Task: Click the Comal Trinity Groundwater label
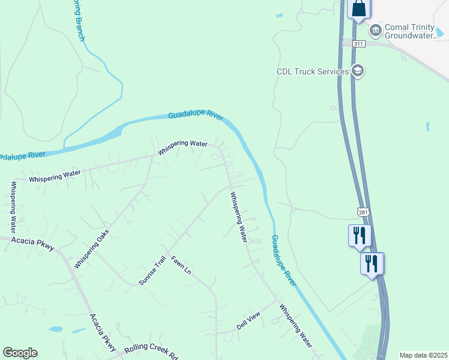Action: pos(417,32)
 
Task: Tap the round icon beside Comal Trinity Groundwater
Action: pos(375,29)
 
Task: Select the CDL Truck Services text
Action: pos(312,71)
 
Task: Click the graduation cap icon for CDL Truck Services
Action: pos(358,71)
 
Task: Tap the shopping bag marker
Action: pos(358,9)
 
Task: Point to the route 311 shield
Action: pos(358,44)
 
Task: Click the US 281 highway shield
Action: pos(362,212)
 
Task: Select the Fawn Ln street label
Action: pos(181,265)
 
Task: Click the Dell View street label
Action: pos(249,320)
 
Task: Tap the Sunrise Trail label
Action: pos(152,271)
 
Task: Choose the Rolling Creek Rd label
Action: pos(152,352)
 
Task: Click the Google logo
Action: pos(20,353)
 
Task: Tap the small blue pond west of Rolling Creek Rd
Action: pos(55,329)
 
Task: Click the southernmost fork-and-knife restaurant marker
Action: pos(372,262)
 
